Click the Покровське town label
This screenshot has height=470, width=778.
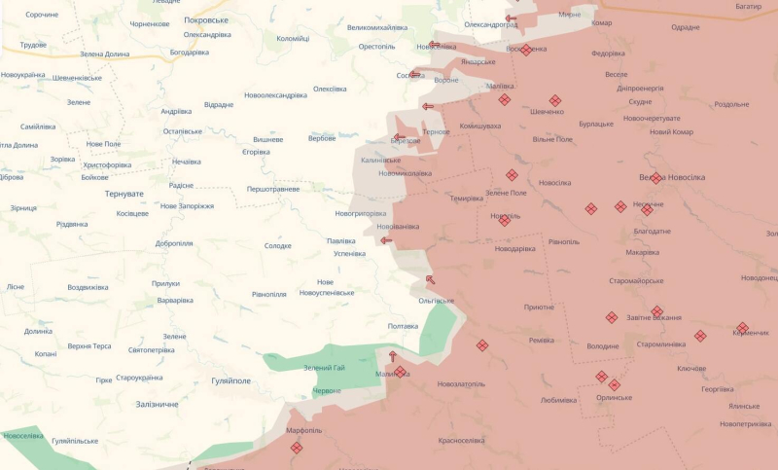205,19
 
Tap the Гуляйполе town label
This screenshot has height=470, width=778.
232,381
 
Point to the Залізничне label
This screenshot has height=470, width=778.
157,404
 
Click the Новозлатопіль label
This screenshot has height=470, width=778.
461,383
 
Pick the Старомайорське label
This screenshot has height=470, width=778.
636,281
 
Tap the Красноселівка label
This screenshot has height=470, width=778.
461,440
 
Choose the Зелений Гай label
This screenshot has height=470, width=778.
325,367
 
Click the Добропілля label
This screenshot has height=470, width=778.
173,243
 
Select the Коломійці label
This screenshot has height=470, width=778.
293,39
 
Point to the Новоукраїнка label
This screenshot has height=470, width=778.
22,75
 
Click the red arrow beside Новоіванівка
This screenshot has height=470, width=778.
386,240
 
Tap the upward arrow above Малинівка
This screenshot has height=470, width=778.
393,356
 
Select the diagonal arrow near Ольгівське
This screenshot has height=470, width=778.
430,280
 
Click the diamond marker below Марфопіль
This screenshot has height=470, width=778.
297,448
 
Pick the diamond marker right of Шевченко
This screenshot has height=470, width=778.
555,100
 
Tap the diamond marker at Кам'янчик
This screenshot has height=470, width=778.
742,328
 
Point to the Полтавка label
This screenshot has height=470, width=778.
403,326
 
